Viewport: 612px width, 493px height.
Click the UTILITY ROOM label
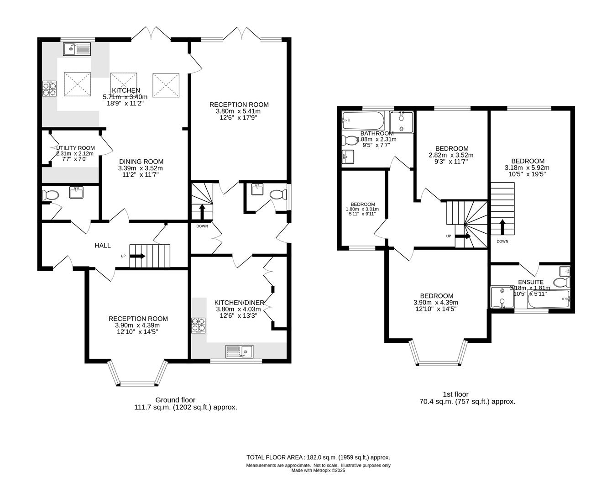(x=75, y=148)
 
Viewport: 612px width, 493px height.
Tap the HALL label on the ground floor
(x=103, y=246)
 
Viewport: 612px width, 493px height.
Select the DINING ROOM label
(x=141, y=162)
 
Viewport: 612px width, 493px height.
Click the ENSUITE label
(x=531, y=282)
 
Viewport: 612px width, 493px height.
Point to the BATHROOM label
(x=377, y=133)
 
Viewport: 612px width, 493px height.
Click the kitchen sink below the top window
(x=77, y=49)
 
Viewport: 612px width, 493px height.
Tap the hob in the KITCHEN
(x=49, y=89)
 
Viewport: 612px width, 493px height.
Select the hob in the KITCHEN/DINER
(x=198, y=325)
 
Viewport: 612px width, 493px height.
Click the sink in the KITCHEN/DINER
(x=239, y=351)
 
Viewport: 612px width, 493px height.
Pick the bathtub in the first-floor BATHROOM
(x=363, y=121)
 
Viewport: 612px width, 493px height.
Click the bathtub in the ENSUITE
(x=549, y=299)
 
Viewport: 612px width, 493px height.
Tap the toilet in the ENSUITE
(x=562, y=283)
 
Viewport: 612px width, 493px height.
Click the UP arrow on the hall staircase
(x=138, y=256)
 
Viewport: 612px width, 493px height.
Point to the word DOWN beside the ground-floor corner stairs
(x=202, y=226)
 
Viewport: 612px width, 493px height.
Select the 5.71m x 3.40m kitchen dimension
(x=125, y=97)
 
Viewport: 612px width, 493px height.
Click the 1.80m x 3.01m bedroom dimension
(x=362, y=209)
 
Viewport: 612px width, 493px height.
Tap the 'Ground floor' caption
(x=175, y=400)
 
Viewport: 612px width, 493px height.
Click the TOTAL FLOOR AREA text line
(x=318, y=457)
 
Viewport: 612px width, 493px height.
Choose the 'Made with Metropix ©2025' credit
(x=318, y=471)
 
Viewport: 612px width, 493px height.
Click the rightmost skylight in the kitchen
(x=166, y=85)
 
